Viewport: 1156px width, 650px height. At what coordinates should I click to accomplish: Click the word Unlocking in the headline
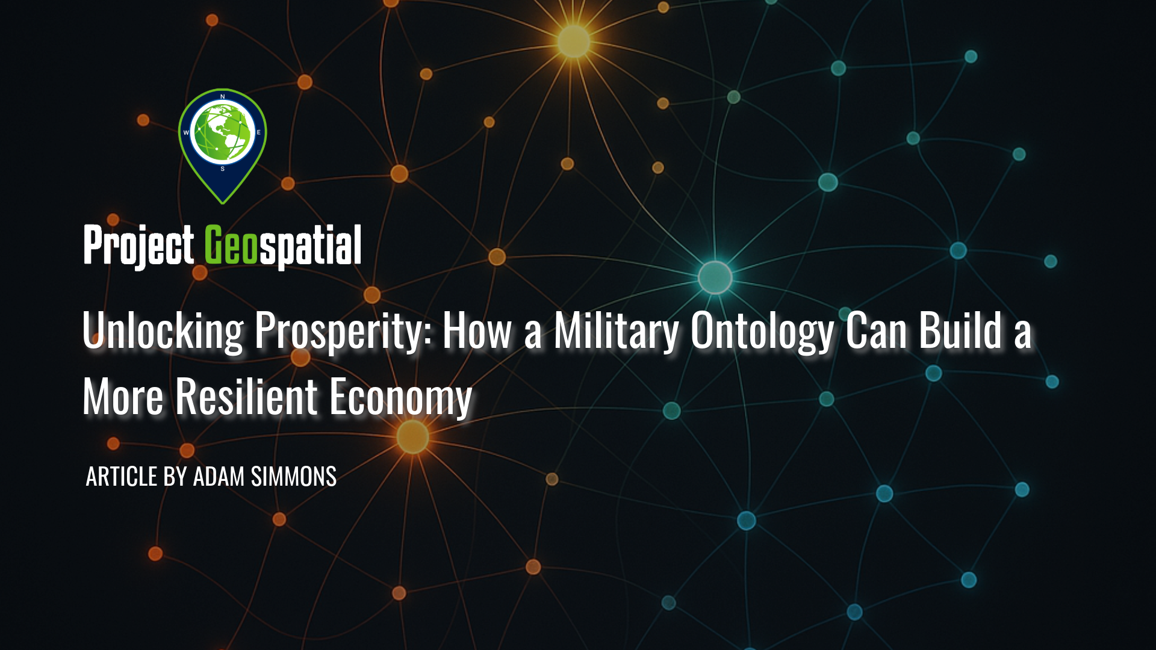(x=163, y=331)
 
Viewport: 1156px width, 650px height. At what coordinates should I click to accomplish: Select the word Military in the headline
(x=616, y=331)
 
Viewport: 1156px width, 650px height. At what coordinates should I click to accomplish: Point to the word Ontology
(x=762, y=331)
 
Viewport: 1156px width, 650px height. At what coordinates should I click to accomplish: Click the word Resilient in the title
(x=246, y=397)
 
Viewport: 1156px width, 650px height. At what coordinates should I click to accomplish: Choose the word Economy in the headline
(x=400, y=397)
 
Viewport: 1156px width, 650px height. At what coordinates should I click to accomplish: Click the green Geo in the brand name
(x=231, y=245)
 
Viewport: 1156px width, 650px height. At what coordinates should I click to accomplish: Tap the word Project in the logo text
(x=138, y=245)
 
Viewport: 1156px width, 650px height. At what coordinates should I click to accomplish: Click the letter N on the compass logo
(x=223, y=96)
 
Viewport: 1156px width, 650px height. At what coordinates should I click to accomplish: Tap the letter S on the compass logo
(x=223, y=169)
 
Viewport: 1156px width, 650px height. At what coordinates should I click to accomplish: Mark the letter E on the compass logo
(x=259, y=132)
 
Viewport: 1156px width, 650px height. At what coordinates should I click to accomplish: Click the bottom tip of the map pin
(x=223, y=202)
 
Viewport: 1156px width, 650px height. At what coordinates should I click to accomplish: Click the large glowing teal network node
(x=715, y=277)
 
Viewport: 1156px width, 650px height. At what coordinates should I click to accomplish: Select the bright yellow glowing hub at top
(x=573, y=42)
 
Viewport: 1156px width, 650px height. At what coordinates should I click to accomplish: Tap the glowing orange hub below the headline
(x=412, y=436)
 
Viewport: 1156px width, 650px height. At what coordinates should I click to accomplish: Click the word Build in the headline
(x=960, y=331)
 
